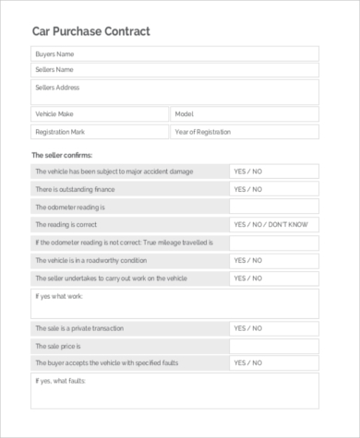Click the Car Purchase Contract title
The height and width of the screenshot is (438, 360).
point(90,31)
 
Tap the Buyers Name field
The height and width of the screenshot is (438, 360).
point(175,54)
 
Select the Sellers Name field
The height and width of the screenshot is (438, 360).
point(175,69)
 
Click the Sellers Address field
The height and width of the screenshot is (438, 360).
point(175,91)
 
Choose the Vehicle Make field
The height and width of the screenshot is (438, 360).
point(100,113)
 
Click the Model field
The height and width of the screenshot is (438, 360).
point(245,113)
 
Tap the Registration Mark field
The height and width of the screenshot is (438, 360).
point(100,132)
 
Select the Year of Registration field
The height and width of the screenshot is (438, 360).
point(245,132)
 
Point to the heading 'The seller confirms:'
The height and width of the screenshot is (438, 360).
point(63,155)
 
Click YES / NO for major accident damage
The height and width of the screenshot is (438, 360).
point(248,172)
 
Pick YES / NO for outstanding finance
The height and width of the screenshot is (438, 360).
point(248,189)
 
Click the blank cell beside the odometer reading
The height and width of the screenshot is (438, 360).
point(274,207)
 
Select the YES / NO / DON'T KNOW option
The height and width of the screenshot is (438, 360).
point(273,224)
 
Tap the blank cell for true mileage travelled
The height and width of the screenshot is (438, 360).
point(274,243)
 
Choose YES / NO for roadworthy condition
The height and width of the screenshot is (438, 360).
point(248,260)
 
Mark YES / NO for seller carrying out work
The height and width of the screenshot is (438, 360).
point(248,278)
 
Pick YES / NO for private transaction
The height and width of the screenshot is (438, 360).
point(248,328)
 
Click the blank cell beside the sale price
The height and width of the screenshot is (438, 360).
point(274,346)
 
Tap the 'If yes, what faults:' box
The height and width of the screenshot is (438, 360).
point(175,391)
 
